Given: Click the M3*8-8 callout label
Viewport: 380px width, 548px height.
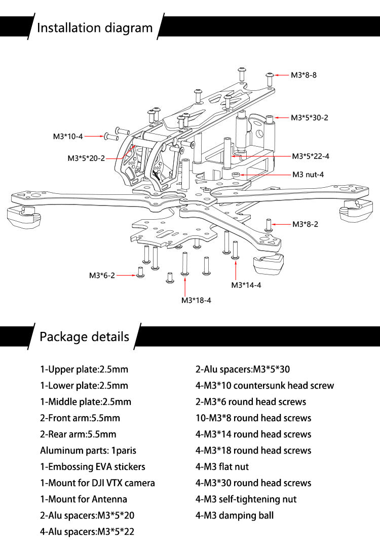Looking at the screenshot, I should [304, 75].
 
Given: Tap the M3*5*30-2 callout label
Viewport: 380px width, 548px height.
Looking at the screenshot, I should [310, 117].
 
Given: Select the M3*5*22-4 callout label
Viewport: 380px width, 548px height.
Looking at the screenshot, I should [310, 156].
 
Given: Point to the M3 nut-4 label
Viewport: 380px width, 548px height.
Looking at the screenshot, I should [308, 175].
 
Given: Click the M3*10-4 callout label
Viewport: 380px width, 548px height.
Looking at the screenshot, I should [67, 136].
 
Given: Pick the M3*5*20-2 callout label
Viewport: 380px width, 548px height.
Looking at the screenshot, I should [86, 158].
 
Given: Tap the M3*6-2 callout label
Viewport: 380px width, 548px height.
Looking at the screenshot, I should [102, 276].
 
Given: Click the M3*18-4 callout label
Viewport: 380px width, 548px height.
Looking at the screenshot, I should [196, 300].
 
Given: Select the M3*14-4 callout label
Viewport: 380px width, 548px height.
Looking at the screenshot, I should [246, 285].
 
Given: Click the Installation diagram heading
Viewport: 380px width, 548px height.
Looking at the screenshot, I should [95, 27].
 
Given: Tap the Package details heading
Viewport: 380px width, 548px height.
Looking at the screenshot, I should [84, 336].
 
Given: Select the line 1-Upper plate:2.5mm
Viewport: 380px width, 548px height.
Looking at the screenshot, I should [84, 369].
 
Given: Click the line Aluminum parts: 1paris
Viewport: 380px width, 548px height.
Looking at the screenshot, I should [88, 450].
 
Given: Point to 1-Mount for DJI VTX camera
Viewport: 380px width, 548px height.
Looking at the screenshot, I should [97, 483].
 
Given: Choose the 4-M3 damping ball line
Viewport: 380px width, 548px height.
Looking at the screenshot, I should [235, 516].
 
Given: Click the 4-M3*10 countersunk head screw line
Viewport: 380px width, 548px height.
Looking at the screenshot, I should [265, 386].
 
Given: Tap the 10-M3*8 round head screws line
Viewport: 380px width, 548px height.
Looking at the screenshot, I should [253, 418].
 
